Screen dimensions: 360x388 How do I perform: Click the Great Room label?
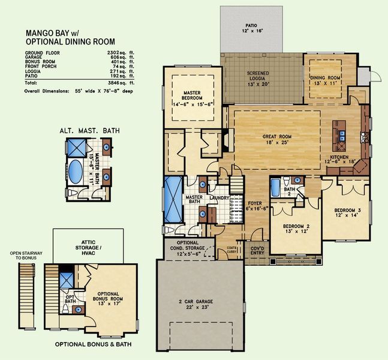[x=276, y=140]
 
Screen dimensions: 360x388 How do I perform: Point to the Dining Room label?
[x=325, y=81]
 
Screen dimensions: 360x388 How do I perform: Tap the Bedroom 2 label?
[x=295, y=229]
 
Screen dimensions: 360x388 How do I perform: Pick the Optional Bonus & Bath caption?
[x=94, y=345]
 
